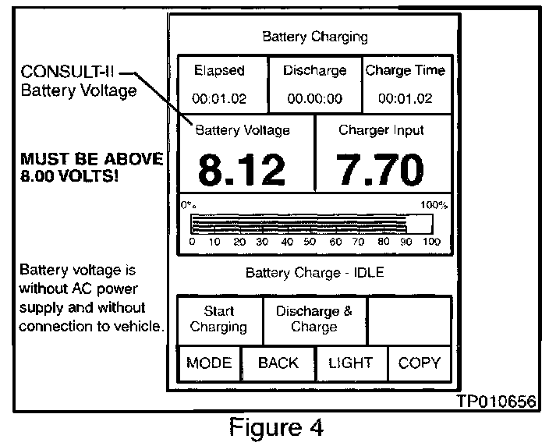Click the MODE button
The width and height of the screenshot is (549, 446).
(x=209, y=363)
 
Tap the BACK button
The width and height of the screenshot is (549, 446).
(x=278, y=363)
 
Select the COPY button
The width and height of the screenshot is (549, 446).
(x=420, y=363)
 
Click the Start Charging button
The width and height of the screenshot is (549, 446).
(x=219, y=320)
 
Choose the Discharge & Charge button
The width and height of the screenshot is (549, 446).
(x=313, y=320)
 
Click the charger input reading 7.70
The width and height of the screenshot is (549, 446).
(x=381, y=169)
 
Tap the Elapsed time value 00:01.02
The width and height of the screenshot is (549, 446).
(x=219, y=99)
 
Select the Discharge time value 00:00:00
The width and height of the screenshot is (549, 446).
(x=314, y=99)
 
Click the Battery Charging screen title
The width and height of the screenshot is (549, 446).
(x=314, y=37)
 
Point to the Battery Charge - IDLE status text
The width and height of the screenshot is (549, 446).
(x=314, y=273)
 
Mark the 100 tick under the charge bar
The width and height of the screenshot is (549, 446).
(x=431, y=242)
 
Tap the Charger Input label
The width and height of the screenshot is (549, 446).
(x=381, y=130)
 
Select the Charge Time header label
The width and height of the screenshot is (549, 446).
(x=405, y=70)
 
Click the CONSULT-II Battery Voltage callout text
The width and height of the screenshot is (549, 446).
(x=69, y=82)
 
